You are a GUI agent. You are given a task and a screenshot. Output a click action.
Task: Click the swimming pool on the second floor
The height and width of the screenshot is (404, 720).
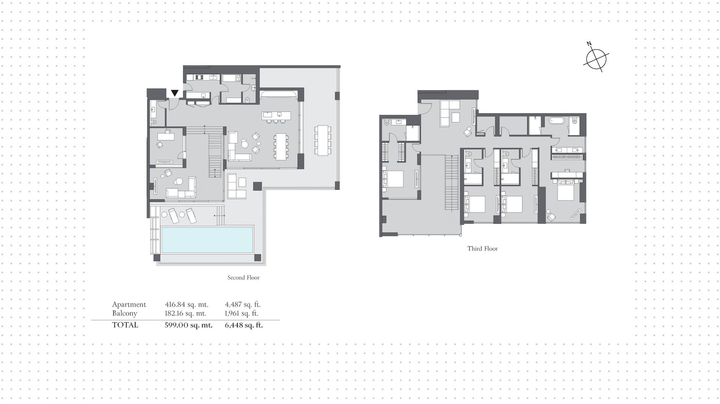pos(207,240)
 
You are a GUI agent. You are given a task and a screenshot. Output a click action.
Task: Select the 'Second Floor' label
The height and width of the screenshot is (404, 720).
pos(243,278)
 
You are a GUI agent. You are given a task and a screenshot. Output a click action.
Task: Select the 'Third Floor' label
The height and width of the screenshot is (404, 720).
pos(483,248)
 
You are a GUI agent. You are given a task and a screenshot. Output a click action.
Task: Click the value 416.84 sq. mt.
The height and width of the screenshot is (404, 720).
pos(187,305)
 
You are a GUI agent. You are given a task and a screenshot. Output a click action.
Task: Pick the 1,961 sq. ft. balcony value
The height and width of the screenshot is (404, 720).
pos(241,313)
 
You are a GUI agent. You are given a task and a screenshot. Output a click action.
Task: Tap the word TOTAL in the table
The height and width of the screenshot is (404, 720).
pos(125,325)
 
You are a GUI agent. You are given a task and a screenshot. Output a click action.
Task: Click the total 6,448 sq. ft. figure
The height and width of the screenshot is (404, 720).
pos(244,325)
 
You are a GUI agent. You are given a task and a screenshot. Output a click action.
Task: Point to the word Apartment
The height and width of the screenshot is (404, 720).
pos(129,305)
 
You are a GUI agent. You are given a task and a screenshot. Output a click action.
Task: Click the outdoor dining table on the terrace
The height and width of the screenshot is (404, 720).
pos(323,140)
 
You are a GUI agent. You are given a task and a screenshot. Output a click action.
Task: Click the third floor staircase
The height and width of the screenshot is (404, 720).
pos(452,183)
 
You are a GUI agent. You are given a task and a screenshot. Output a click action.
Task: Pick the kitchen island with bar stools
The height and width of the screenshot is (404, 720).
pos(277,117)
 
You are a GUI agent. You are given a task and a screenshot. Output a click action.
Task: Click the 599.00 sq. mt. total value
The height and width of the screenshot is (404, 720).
pos(189,325)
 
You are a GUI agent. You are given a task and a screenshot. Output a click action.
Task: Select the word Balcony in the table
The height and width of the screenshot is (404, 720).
pos(124,313)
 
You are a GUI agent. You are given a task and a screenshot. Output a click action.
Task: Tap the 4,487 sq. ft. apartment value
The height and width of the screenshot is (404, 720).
pos(243,305)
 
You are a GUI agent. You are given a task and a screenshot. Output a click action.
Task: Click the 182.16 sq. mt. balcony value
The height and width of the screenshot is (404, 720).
pos(186,313)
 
